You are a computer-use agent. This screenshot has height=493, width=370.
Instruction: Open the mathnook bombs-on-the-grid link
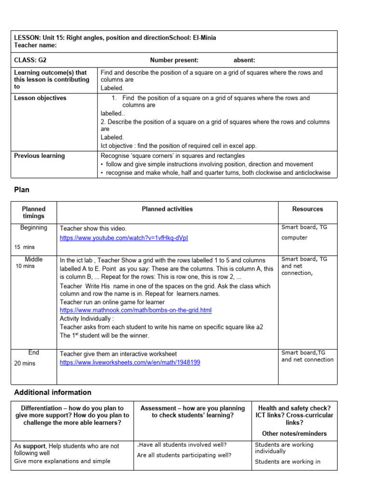tap(135, 310)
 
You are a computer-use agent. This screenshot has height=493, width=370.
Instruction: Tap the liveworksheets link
tap(130, 363)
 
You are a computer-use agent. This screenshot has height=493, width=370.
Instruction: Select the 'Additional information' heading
tap(53, 392)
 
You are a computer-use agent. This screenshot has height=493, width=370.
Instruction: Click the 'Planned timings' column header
tap(34, 212)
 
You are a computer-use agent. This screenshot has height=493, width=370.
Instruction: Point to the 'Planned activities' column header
tap(167, 209)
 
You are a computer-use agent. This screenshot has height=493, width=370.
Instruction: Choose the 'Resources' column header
tap(307, 209)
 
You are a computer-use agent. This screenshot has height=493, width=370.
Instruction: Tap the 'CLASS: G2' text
tap(30, 60)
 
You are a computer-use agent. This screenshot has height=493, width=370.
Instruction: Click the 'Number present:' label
tap(174, 60)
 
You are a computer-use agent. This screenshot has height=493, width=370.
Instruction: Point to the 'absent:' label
tap(244, 60)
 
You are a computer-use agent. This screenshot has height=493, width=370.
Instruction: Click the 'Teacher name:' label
tap(35, 45)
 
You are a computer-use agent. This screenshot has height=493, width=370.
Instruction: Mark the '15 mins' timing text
tap(25, 247)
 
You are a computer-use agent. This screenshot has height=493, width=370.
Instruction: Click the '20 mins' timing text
tap(25, 363)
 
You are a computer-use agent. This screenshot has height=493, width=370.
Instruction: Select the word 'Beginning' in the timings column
tap(34, 228)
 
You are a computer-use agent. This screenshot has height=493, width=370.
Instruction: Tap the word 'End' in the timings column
tap(34, 352)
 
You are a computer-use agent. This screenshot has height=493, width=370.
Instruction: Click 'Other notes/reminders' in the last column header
tap(294, 433)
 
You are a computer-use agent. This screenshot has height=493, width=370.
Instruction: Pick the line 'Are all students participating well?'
tap(184, 454)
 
